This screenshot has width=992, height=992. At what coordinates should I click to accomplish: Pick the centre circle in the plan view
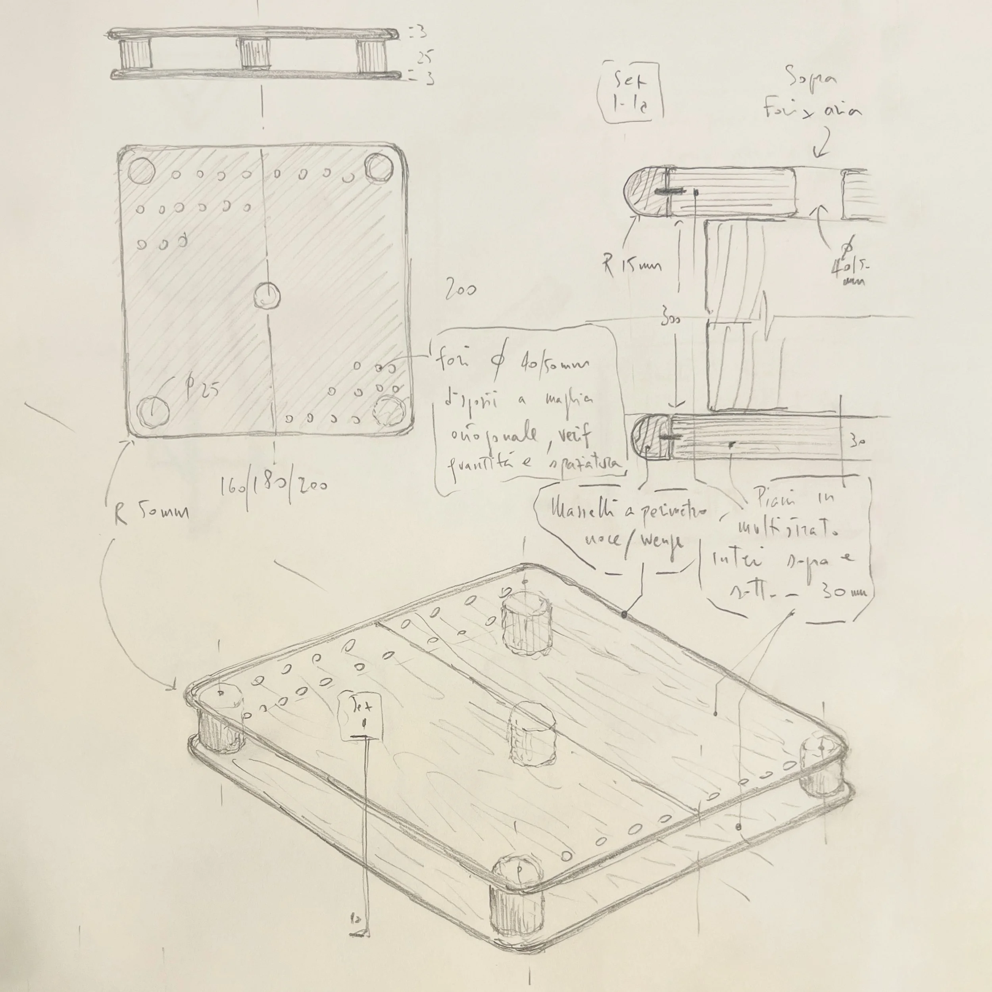point(267,295)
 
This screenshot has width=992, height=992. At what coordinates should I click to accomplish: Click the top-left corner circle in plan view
point(141,171)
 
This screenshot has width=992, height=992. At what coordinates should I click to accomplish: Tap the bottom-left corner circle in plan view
point(154,411)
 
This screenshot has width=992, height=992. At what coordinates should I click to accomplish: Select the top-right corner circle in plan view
point(379,168)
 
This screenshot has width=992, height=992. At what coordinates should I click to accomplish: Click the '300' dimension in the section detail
point(671,319)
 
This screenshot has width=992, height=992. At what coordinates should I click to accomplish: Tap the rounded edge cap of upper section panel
point(646,192)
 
